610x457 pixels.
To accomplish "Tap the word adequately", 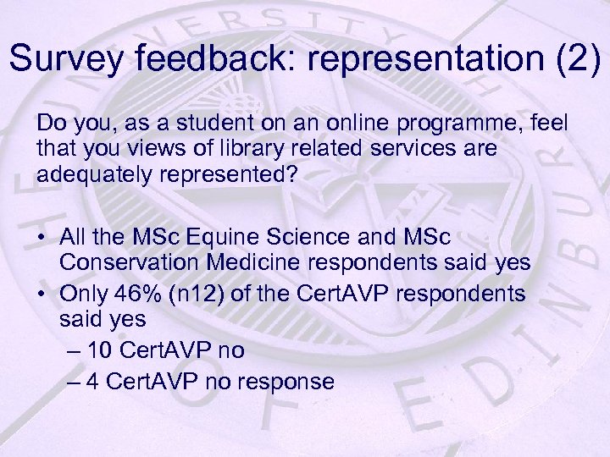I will click(x=92, y=172).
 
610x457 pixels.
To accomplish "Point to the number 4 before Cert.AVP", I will click(x=93, y=382).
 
